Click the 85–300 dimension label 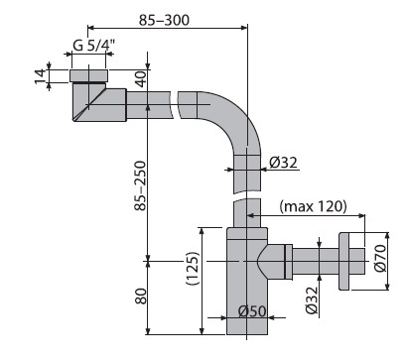(164, 20)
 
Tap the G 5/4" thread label (93, 45)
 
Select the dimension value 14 (41, 76)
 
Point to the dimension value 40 (141, 79)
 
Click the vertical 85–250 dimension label (140, 185)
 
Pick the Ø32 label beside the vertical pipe (283, 163)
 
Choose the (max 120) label (313, 206)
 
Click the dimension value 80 (141, 297)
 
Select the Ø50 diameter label (252, 310)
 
